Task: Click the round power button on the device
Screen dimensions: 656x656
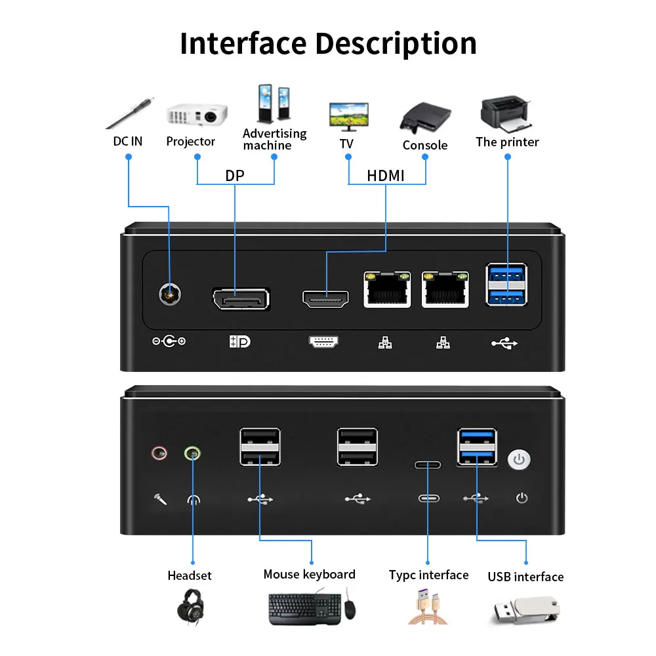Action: click(x=520, y=459)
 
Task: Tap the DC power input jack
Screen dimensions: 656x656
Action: click(x=171, y=295)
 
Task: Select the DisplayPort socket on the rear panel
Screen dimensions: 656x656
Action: click(x=241, y=298)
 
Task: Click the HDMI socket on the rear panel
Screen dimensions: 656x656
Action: click(x=325, y=298)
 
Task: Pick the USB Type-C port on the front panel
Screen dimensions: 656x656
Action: click(x=428, y=465)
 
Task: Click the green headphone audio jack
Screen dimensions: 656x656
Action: click(x=192, y=453)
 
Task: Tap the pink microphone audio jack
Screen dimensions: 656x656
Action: click(x=159, y=453)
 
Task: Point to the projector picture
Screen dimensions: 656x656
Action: click(x=196, y=115)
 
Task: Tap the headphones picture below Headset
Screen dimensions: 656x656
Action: click(x=193, y=606)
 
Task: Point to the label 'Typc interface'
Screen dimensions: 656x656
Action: click(x=428, y=575)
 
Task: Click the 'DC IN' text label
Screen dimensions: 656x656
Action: click(x=128, y=141)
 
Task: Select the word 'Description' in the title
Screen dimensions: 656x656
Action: click(x=396, y=43)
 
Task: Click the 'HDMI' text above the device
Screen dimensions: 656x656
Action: click(x=386, y=176)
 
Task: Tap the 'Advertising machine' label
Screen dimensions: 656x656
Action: click(x=274, y=139)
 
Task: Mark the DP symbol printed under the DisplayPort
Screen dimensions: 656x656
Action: click(x=240, y=342)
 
